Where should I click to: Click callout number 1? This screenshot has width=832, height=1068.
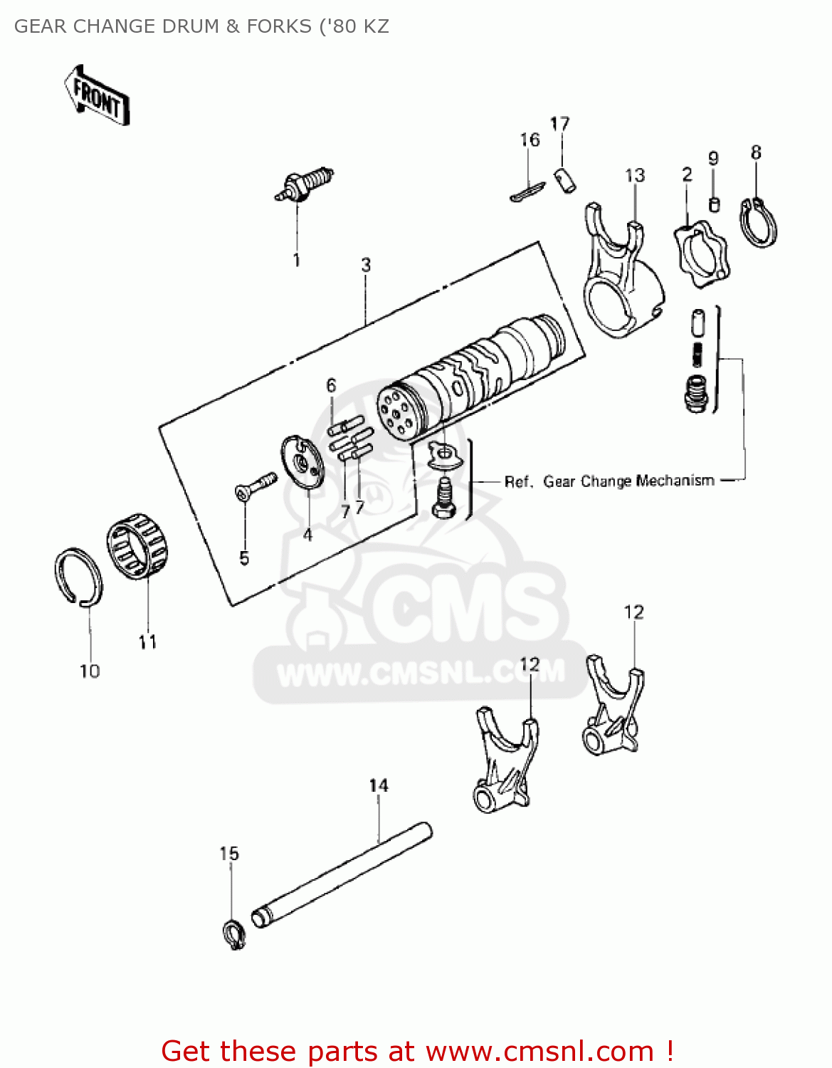point(297,261)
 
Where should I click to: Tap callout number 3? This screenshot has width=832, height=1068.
point(366,266)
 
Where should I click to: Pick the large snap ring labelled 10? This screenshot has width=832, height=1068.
point(78,577)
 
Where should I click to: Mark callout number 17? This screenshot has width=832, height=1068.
point(560,124)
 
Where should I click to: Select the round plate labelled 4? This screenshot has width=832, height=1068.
point(302,464)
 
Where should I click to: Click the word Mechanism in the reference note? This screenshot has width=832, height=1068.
point(675,481)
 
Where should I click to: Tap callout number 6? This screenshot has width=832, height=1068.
point(331,386)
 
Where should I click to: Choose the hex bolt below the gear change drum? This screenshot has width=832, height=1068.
point(443,498)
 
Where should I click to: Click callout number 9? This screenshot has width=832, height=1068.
point(713,159)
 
